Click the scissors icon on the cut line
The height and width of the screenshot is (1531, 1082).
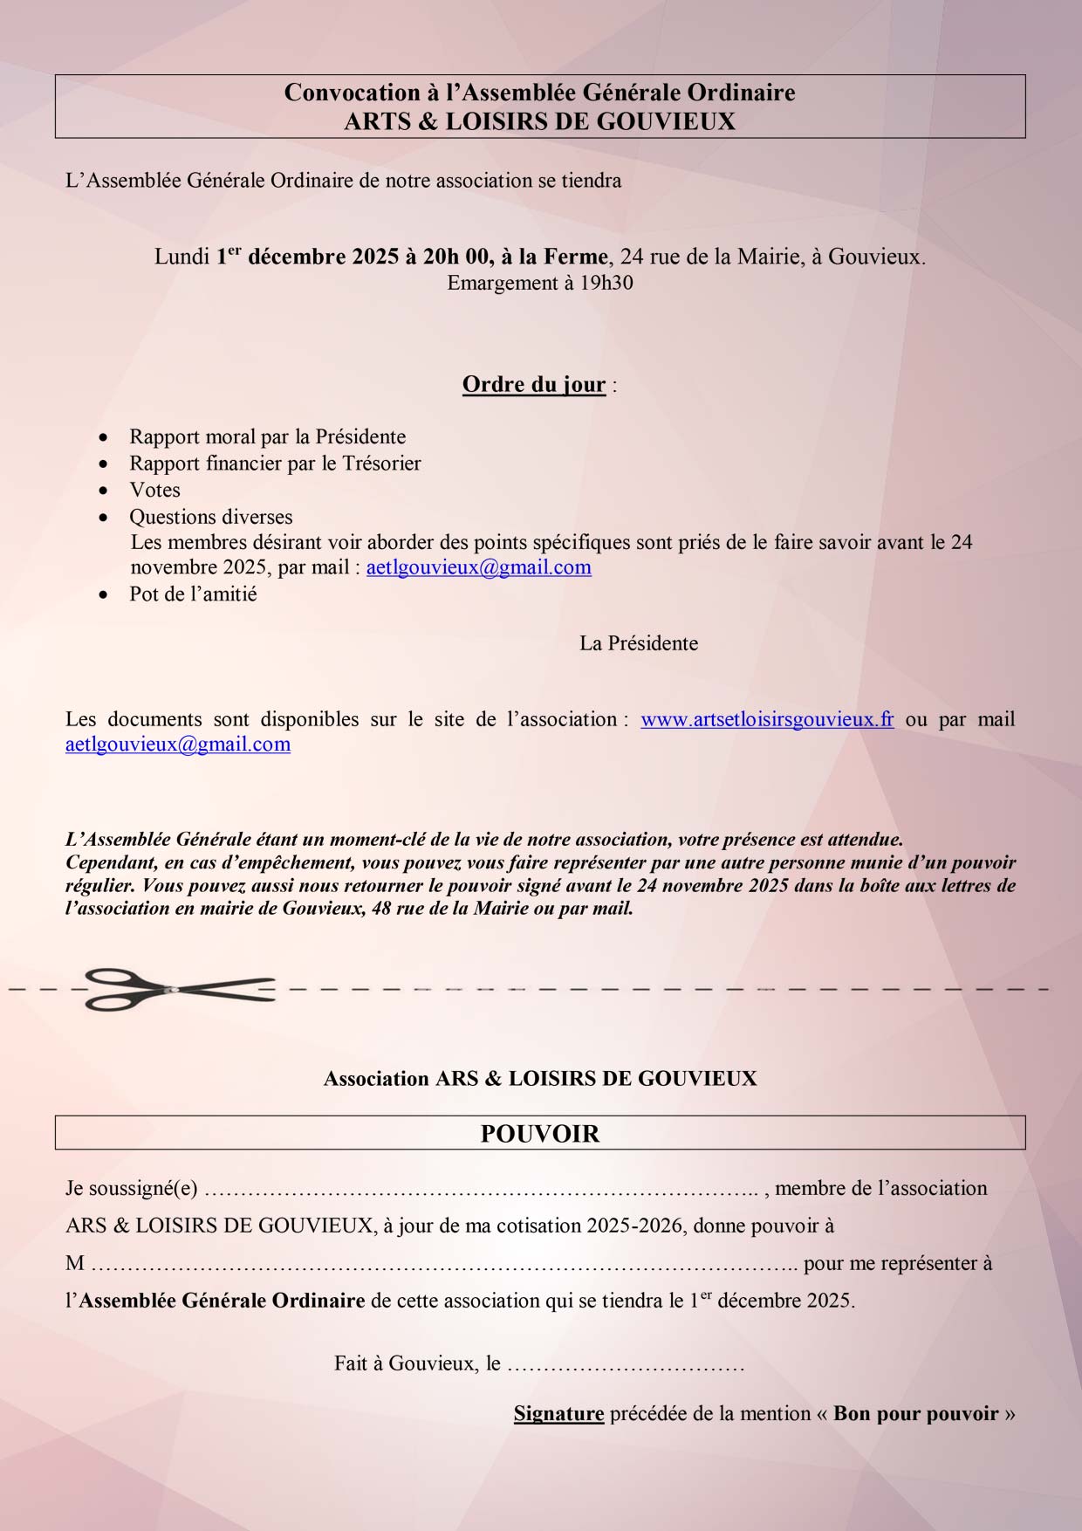pos(180,989)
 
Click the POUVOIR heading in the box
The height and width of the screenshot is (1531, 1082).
pos(540,1134)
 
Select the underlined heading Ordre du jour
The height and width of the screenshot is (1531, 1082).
pos(534,385)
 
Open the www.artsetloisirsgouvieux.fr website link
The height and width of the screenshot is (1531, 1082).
pos(767,719)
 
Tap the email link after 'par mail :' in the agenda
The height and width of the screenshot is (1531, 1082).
pos(478,567)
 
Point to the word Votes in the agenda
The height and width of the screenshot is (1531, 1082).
pos(155,490)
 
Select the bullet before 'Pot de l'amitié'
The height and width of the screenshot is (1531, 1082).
pos(105,594)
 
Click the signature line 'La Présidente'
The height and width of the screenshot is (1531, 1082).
pos(639,643)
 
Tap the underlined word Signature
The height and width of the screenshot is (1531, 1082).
pos(558,1413)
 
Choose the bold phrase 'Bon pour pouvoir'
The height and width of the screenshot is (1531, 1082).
pos(915,1413)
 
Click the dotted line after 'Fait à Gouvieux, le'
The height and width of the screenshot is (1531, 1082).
pos(626,1363)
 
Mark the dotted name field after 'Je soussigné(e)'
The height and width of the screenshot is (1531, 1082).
pos(481,1189)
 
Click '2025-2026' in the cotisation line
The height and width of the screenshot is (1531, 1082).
pos(634,1225)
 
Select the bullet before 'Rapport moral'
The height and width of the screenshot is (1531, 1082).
pos(105,437)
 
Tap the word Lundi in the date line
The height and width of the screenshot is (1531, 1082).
pos(181,257)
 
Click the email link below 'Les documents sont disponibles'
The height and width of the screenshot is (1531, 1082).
pos(178,745)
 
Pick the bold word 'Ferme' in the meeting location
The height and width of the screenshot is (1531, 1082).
pos(576,257)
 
